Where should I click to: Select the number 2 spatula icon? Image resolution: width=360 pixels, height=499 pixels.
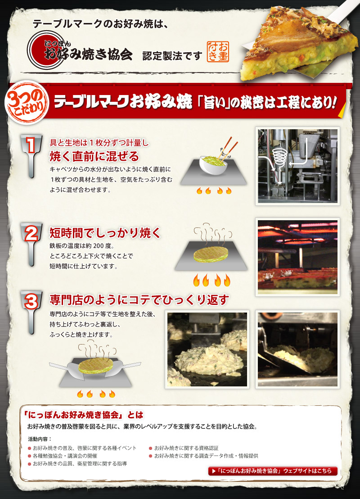point(31,243)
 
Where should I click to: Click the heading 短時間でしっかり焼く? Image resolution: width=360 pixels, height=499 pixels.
point(104,233)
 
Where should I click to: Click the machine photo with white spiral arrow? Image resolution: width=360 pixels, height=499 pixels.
point(297,165)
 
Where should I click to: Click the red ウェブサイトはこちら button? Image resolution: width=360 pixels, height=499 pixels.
point(273,471)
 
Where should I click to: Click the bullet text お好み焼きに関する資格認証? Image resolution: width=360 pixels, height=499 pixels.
point(186,448)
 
